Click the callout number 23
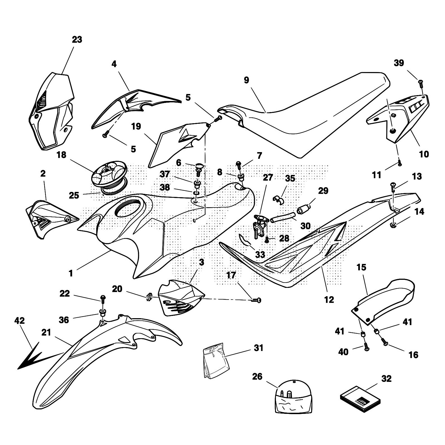pos(77,40)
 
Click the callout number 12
pos(329,300)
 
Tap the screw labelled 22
pos(103,299)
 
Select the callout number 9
pos(246,80)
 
